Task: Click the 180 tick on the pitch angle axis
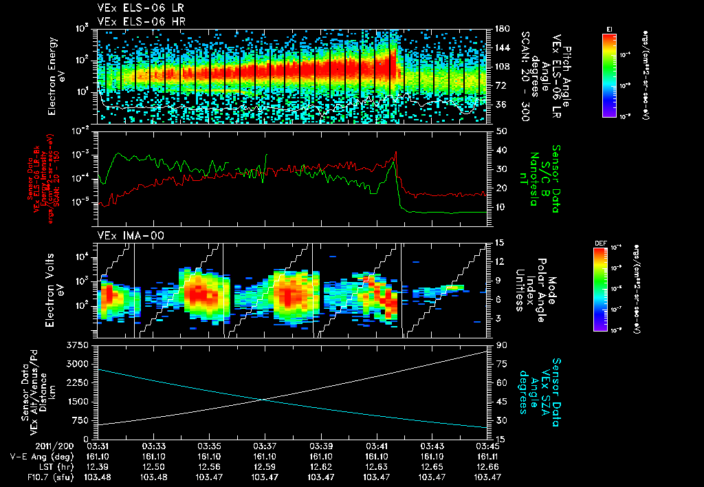[500, 29]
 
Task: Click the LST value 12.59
[265, 466]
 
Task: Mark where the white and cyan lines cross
[264, 400]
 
